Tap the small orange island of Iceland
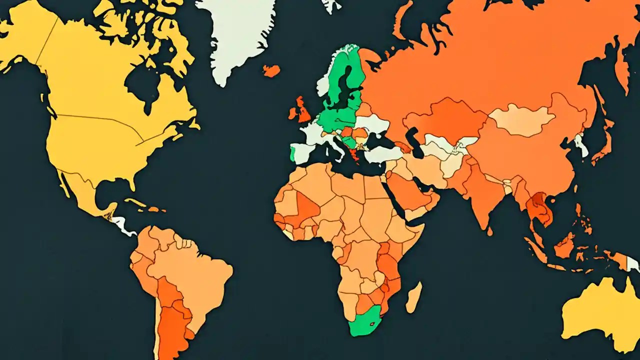click(271, 70)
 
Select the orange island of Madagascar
click(414, 297)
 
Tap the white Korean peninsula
click(581, 145)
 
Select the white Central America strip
click(122, 225)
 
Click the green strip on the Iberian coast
click(292, 152)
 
